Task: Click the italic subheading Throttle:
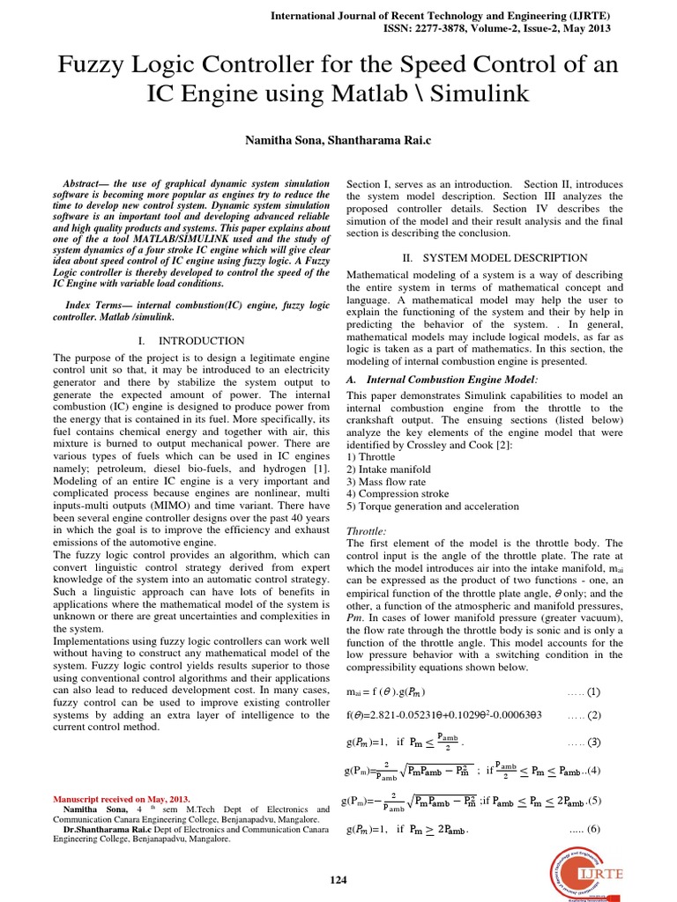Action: (367, 531)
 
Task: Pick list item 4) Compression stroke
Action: (398, 494)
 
